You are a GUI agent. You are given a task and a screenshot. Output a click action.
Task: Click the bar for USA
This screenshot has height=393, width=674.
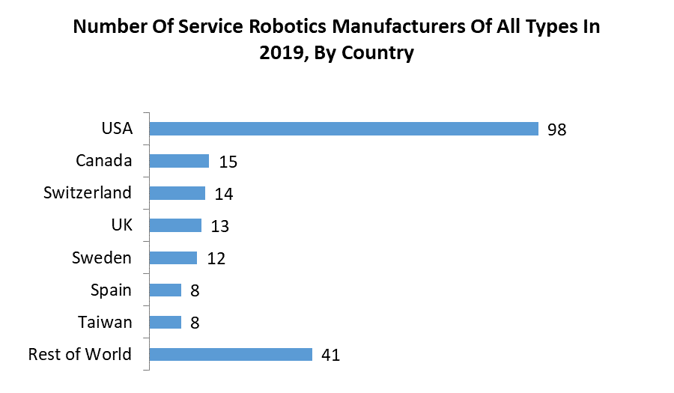pyautogui.click(x=344, y=129)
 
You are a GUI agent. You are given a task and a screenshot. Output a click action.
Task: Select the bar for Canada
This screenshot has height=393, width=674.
pyautogui.click(x=179, y=161)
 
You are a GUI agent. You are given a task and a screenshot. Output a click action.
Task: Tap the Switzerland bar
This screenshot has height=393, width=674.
pyautogui.click(x=177, y=193)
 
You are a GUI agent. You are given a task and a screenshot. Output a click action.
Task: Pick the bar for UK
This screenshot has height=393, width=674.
pyautogui.click(x=175, y=225)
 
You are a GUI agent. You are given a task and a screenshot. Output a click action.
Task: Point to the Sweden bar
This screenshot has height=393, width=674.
pyautogui.click(x=173, y=258)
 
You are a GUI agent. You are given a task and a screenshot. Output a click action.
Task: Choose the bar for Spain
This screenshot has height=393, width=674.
pyautogui.click(x=166, y=290)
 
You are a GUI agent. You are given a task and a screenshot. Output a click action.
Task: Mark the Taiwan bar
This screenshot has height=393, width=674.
pyautogui.click(x=166, y=322)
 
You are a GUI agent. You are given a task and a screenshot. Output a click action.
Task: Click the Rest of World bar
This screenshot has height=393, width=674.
pyautogui.click(x=231, y=354)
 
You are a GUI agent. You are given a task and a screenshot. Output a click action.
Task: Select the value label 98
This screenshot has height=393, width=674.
pyautogui.click(x=556, y=130)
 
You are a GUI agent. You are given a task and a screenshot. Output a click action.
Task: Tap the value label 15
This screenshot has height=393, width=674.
pyautogui.click(x=228, y=162)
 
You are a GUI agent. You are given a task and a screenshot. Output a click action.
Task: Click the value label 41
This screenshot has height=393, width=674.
pyautogui.click(x=330, y=355)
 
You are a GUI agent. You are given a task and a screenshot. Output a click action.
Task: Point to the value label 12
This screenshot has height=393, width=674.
pyautogui.click(x=216, y=258)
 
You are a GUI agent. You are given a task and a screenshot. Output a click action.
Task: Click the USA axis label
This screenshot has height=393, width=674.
pyautogui.click(x=117, y=129)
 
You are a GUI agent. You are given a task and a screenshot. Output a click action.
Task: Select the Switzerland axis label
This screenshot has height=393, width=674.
pyautogui.click(x=88, y=193)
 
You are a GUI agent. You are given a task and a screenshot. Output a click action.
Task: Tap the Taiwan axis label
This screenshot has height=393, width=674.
pyautogui.click(x=105, y=322)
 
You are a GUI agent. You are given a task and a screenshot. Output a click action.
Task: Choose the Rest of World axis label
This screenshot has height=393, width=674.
pyautogui.click(x=79, y=354)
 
